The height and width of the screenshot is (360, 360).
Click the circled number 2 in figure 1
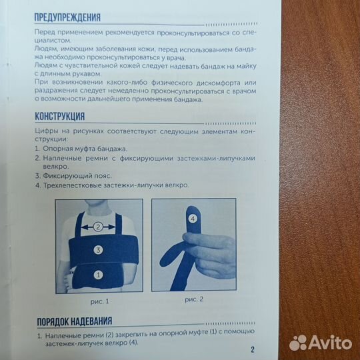pos(98,227)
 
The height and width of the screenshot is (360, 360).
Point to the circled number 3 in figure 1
pos(97,251)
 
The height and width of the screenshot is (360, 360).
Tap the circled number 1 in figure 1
pos(97,274)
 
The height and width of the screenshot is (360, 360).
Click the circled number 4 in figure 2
pos(193,218)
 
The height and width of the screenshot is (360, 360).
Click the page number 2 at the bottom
pos(253,349)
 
